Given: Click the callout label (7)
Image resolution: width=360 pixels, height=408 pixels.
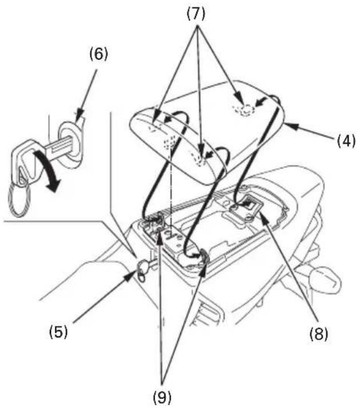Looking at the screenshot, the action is (196, 14).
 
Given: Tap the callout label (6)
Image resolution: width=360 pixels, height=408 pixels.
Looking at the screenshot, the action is (98, 54).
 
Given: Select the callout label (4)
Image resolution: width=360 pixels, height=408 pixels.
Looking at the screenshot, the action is (346, 141).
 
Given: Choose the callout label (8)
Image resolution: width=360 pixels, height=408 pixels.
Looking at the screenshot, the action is (319, 334).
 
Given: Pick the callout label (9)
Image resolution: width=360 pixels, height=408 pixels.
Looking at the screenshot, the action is (162, 397).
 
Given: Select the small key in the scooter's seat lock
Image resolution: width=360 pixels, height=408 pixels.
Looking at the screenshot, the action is (143, 270).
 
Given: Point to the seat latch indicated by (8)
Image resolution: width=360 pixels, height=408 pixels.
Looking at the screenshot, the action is (244, 207).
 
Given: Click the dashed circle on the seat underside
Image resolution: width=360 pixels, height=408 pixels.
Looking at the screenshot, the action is (244, 110).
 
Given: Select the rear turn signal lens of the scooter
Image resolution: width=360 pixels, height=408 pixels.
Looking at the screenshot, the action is (325, 279).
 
